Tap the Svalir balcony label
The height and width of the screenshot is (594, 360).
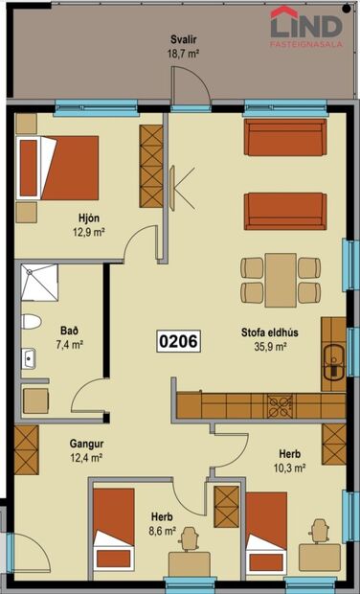click(184, 39)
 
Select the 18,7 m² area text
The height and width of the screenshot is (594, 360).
click(184, 56)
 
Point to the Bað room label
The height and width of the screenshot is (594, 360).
click(68, 330)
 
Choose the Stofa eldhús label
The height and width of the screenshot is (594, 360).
click(264, 334)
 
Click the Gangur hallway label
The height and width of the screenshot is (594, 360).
click(86, 445)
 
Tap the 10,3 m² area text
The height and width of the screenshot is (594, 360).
click(290, 468)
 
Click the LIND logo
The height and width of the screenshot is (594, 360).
click(307, 25)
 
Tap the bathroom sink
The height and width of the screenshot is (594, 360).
click(29, 359)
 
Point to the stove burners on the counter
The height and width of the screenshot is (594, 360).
click(281, 403)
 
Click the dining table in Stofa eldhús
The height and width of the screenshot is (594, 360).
click(281, 278)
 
